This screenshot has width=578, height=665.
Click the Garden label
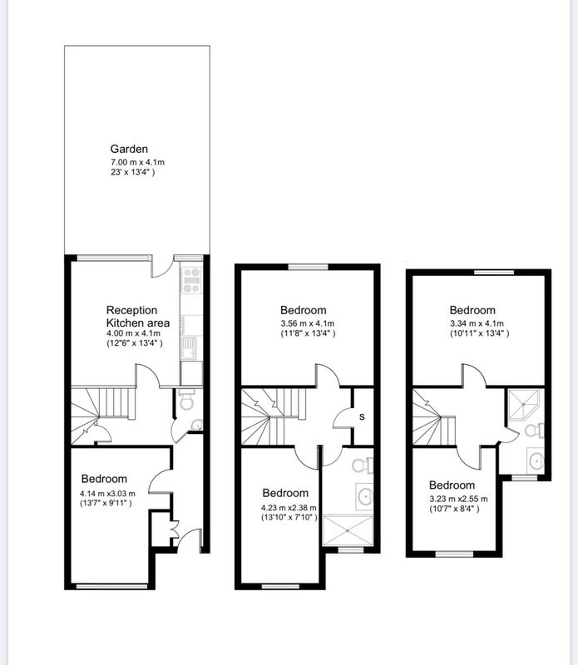coord(129,150)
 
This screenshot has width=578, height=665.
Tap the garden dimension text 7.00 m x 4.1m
coord(137,162)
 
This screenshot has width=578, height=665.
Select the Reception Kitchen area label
coord(138,317)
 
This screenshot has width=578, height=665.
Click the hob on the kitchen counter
coord(191,280)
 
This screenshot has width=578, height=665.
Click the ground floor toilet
coord(186,400)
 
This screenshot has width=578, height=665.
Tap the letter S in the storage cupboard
coord(362,417)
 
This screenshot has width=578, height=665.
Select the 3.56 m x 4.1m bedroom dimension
coord(307,323)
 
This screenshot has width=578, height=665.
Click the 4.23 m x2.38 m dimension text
coord(289,508)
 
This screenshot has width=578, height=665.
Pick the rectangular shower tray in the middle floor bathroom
coord(348,530)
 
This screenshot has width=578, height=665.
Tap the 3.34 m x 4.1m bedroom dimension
coord(477,323)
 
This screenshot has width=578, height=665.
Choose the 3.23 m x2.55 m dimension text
coord(458,499)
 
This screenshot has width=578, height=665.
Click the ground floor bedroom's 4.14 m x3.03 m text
coord(108,494)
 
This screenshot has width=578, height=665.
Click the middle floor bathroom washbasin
coord(364,495)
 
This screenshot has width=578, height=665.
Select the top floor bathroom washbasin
coord(536,461)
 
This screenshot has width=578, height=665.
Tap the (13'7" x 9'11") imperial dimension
coord(106,504)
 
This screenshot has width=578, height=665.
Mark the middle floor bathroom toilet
coord(363,465)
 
